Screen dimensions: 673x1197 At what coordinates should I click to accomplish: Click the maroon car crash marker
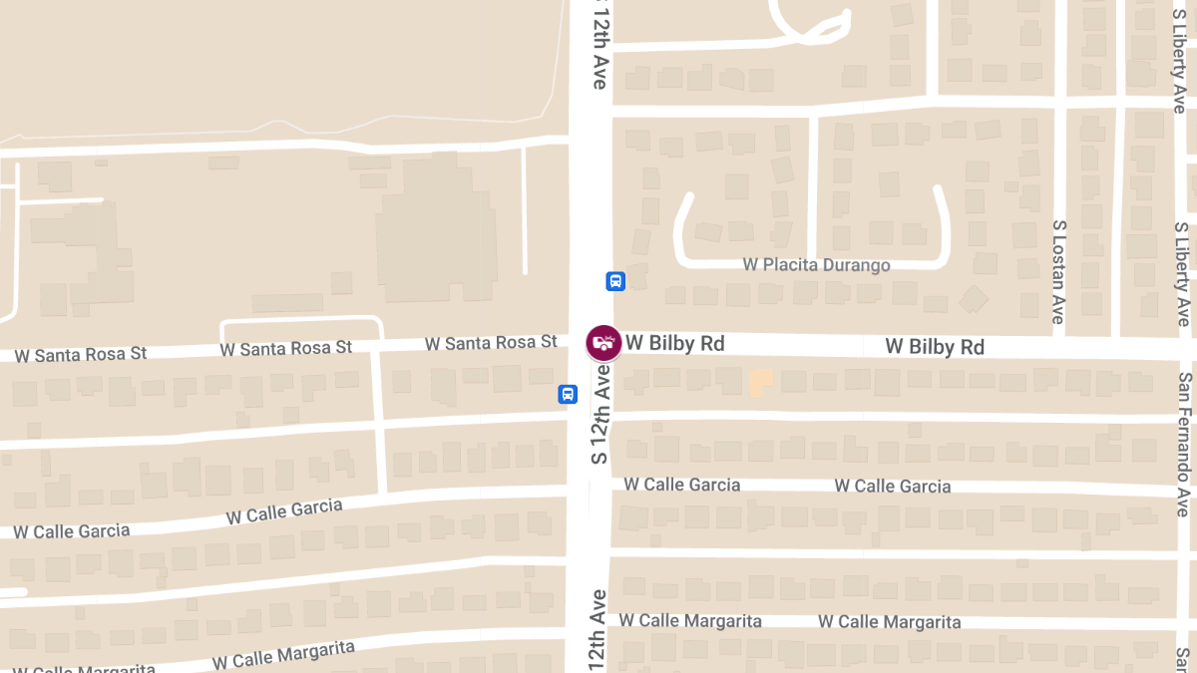[x=602, y=343]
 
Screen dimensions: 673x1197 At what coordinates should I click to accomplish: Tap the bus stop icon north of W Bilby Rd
[x=615, y=281]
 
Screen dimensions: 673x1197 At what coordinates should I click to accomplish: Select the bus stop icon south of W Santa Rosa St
[x=567, y=394]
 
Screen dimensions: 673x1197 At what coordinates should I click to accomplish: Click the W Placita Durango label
[x=816, y=264]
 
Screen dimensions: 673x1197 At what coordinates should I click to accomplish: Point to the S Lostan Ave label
[x=1059, y=271]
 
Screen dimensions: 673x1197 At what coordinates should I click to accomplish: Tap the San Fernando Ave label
[x=1184, y=444]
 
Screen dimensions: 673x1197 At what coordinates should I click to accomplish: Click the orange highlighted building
[x=760, y=382]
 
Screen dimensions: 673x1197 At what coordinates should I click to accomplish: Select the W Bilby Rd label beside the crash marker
[x=674, y=344]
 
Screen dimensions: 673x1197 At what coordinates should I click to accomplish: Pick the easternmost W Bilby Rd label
[x=935, y=346]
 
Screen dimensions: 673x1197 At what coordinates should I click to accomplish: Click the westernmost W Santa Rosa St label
[x=81, y=354]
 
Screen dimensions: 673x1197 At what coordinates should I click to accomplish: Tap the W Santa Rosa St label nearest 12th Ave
[x=491, y=343]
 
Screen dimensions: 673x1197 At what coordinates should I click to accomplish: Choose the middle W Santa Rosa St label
[x=286, y=349]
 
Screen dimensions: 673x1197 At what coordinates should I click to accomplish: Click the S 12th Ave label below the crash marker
[x=599, y=412]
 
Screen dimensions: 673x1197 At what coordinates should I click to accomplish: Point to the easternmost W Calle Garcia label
[x=892, y=487]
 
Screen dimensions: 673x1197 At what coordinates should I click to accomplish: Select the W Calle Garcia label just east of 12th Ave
[x=682, y=485]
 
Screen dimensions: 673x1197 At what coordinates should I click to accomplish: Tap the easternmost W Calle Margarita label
[x=889, y=622]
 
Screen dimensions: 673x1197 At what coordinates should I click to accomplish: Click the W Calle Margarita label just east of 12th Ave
[x=689, y=620]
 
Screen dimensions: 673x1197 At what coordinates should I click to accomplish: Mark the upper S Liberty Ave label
[x=1179, y=57]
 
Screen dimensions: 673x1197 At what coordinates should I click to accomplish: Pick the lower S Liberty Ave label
[x=1182, y=274]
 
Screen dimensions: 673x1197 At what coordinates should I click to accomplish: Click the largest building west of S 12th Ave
[x=436, y=228]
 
